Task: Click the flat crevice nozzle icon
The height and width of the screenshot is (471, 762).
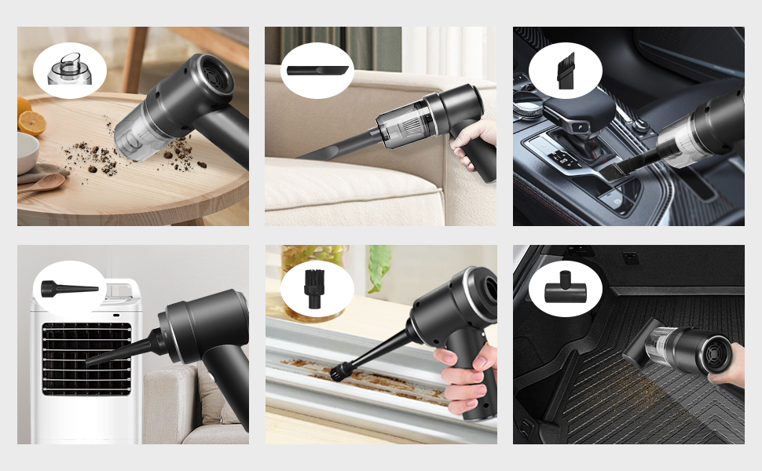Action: pyautogui.click(x=317, y=70)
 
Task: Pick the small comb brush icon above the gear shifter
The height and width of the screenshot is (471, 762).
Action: pyautogui.click(x=565, y=68)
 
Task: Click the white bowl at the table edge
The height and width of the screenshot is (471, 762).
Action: pyautogui.click(x=27, y=153)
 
